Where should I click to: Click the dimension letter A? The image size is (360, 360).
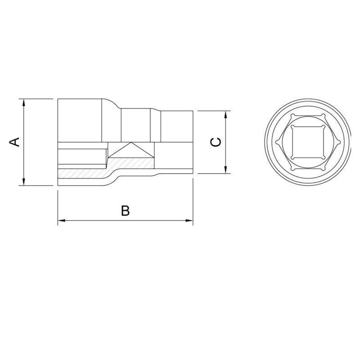(15, 142)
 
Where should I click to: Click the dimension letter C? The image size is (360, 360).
(216, 142)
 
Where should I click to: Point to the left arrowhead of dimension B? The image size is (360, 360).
(62, 220)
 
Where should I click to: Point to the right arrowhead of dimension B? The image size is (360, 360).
(189, 220)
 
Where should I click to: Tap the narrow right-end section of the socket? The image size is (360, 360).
(177, 126)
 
